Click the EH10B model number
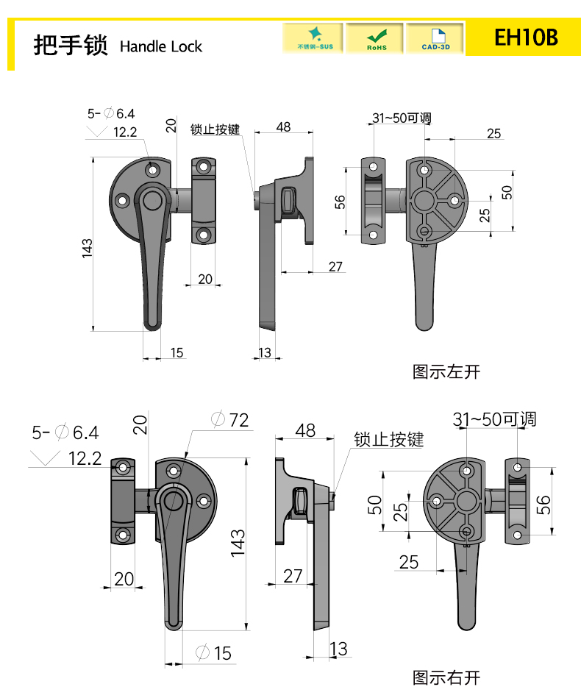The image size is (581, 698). (x=526, y=38)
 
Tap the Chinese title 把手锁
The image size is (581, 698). (x=70, y=46)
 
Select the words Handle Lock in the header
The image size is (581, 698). (x=160, y=47)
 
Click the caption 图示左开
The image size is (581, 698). (x=446, y=372)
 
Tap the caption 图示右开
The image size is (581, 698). (x=446, y=677)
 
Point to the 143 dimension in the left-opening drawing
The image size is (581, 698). (x=87, y=247)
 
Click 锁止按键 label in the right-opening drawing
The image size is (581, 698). (x=388, y=440)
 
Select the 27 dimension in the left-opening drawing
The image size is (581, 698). (x=335, y=266)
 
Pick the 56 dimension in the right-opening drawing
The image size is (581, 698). (x=543, y=505)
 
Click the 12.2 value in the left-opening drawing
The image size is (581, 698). (x=126, y=132)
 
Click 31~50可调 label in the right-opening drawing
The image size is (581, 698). (x=494, y=420)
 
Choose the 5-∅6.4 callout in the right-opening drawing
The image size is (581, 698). (x=65, y=432)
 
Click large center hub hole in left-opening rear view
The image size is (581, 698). (x=424, y=200)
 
